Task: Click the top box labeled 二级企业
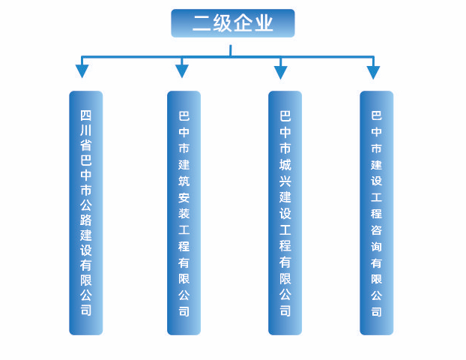232,23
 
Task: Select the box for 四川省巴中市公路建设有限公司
85,212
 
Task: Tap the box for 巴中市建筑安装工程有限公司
184,212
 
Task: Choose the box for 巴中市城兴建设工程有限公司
285,212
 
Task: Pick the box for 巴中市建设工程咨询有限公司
376,212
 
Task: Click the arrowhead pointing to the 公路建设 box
82,71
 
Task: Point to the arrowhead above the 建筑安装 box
182,71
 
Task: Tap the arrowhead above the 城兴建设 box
280,71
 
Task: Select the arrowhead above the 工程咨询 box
373,71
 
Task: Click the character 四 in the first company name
85,115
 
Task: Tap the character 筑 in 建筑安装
184,181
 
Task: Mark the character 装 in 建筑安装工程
184,213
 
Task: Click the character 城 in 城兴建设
285,164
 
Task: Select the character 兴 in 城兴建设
285,181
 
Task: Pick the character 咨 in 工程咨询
376,230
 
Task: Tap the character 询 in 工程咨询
376,247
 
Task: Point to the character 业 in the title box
264,23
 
